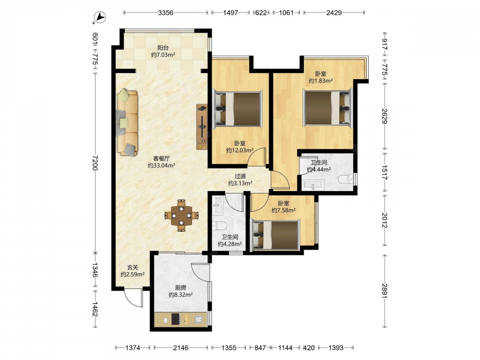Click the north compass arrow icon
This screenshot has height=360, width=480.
click(99, 18)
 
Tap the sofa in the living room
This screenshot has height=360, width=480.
click(127, 122)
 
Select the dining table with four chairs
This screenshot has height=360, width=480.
click(181, 216)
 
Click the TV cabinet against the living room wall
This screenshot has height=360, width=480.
click(202, 127)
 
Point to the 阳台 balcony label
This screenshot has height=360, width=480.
click(163, 48)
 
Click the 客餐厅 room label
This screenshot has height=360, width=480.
click(161, 158)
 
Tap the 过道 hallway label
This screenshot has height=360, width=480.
click(240, 176)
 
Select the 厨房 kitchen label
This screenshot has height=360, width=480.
click(180, 288)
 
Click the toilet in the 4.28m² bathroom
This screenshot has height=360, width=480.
click(219, 226)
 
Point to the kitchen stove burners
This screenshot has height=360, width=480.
click(176, 319)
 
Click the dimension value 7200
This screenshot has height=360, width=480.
click(95, 163)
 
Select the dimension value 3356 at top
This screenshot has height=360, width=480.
click(166, 12)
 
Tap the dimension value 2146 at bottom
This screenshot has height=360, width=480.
click(180, 348)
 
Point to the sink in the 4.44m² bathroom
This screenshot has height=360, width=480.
click(312, 185)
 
